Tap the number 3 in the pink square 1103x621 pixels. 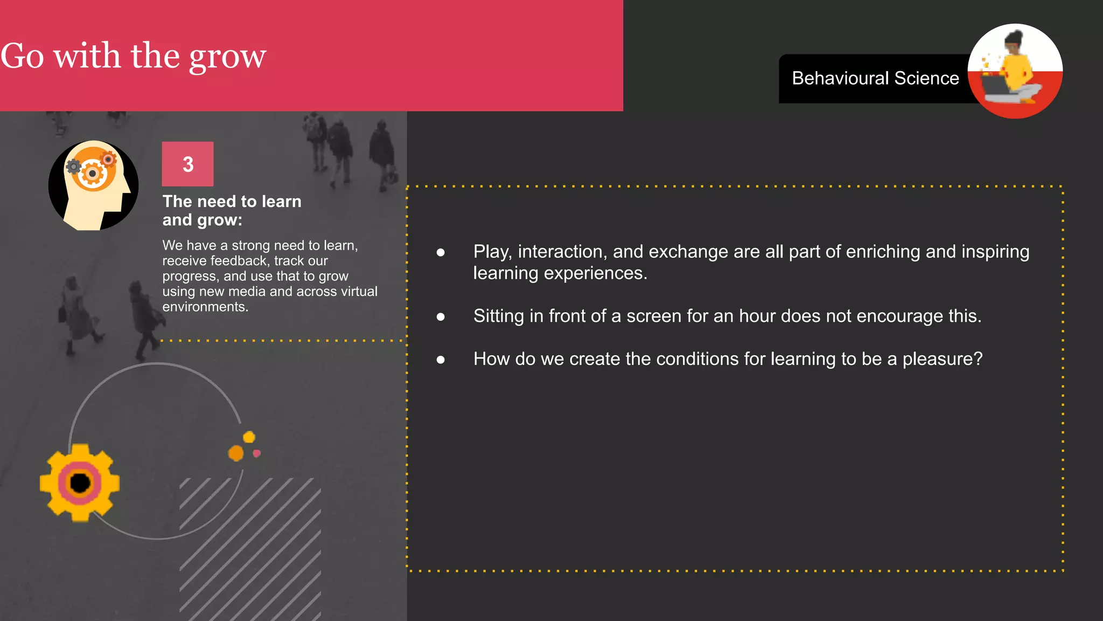click(188, 164)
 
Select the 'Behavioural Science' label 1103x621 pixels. click(875, 79)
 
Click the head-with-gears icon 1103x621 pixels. click(94, 185)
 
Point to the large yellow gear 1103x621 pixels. click(80, 482)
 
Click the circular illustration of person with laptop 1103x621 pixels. click(1015, 71)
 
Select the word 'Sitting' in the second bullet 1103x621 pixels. click(498, 316)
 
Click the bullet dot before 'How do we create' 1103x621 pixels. click(441, 360)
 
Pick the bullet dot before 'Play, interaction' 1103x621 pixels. click(441, 252)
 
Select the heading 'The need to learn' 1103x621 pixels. click(232, 202)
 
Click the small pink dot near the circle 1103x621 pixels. click(257, 453)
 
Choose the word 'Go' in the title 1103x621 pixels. click(22, 56)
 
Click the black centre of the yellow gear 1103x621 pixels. click(80, 483)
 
